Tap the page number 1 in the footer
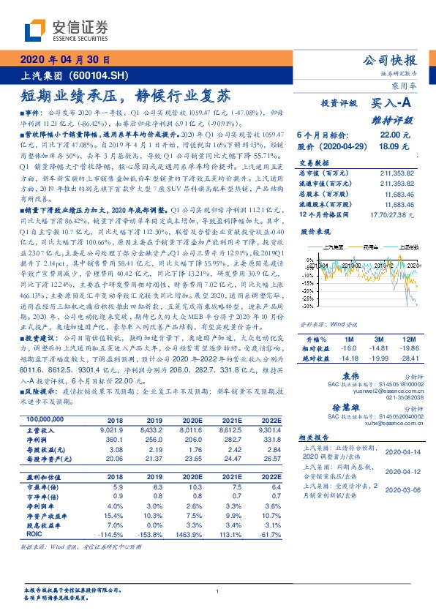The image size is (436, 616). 218,592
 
